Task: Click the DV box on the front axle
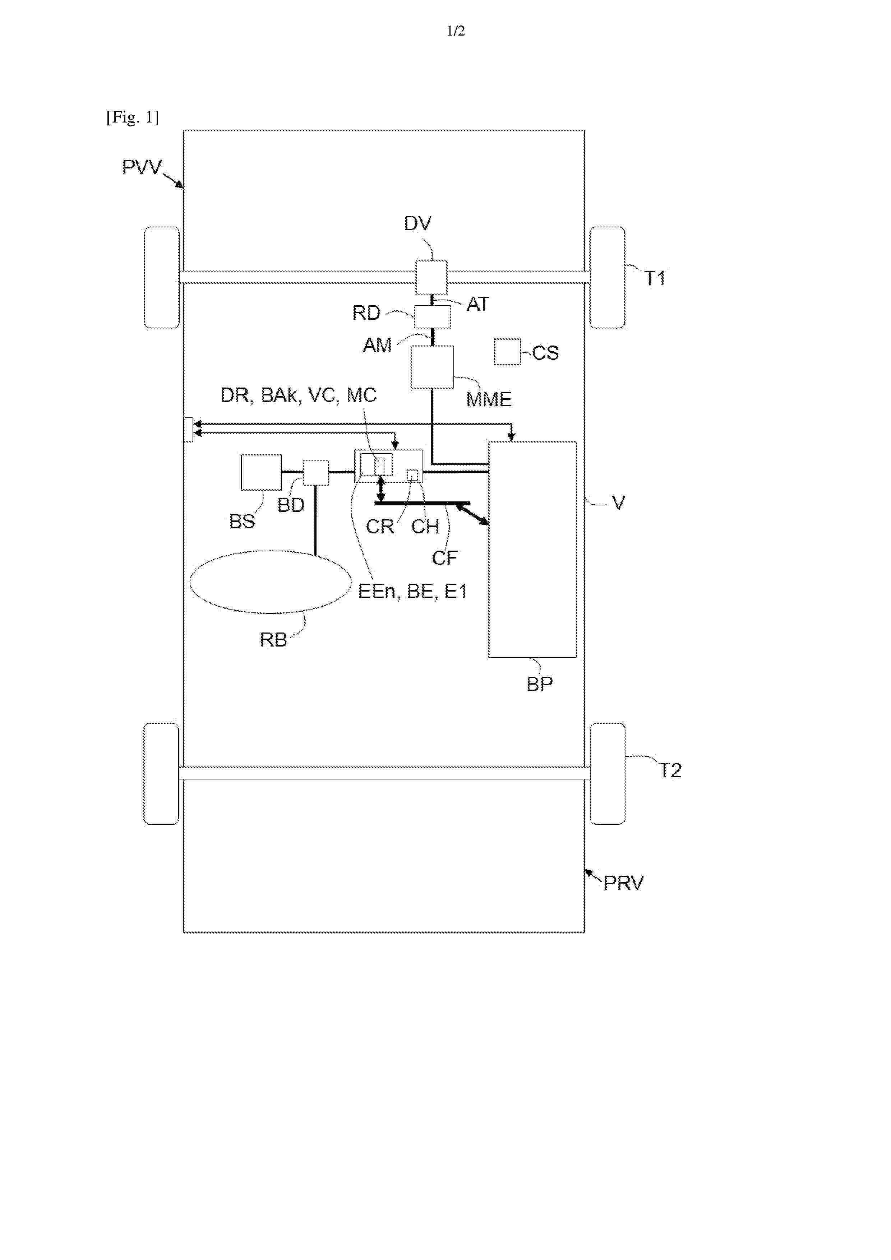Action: (x=431, y=277)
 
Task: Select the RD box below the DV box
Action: (x=432, y=317)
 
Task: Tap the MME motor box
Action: (x=433, y=367)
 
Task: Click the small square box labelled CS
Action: (x=507, y=351)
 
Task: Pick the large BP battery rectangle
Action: (x=532, y=549)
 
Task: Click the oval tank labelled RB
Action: (x=270, y=582)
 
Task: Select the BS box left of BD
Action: (x=261, y=472)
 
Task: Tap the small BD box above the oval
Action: (x=316, y=473)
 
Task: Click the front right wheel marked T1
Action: (x=607, y=278)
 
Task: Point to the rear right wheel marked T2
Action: (x=607, y=774)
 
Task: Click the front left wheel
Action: (x=161, y=278)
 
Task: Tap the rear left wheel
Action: (x=161, y=774)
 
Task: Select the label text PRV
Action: (x=624, y=883)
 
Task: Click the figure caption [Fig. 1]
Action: (x=133, y=117)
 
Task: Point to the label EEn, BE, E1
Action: (x=412, y=591)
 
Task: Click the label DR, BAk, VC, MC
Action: (x=299, y=395)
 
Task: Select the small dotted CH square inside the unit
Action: (x=412, y=475)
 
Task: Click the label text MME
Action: (x=489, y=399)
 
